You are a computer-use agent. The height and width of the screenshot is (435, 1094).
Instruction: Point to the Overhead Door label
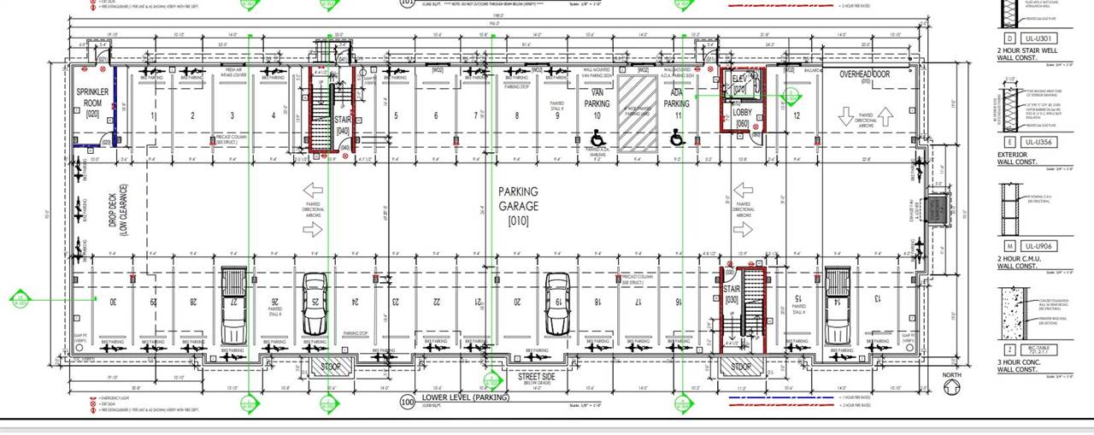point(864,75)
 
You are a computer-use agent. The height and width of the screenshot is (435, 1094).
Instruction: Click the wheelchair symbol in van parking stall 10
point(597,137)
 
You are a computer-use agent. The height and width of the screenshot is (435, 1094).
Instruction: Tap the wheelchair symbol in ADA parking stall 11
point(677,137)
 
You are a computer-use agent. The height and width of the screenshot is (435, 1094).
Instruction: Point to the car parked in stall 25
point(315,304)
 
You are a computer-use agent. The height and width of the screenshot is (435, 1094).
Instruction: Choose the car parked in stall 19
point(557,304)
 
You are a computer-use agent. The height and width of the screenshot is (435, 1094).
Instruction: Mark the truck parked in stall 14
point(837,304)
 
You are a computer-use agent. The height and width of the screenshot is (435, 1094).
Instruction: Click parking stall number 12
point(796,115)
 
